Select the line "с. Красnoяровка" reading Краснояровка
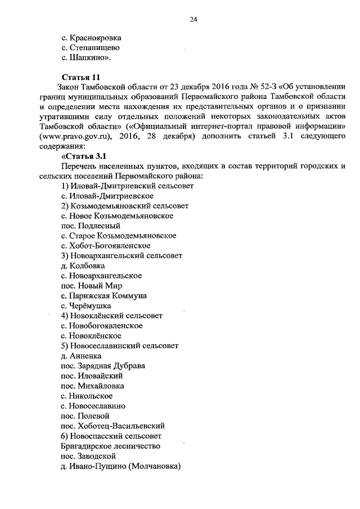click(91, 38)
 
